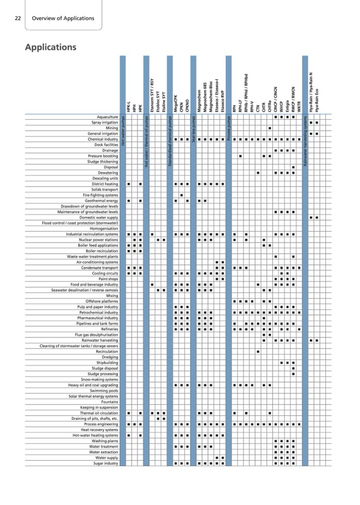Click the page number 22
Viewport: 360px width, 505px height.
[x=18, y=18]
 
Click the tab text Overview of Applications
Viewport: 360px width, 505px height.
[x=63, y=18]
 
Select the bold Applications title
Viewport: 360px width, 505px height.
[x=51, y=48]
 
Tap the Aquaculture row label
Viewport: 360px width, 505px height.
[x=105, y=117]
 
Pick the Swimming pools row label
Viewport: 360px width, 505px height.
[x=104, y=390]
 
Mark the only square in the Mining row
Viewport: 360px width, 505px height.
[x=270, y=128]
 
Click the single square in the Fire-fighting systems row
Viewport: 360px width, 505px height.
[x=182, y=195]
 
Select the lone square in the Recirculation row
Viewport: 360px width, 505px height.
[x=258, y=351]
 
